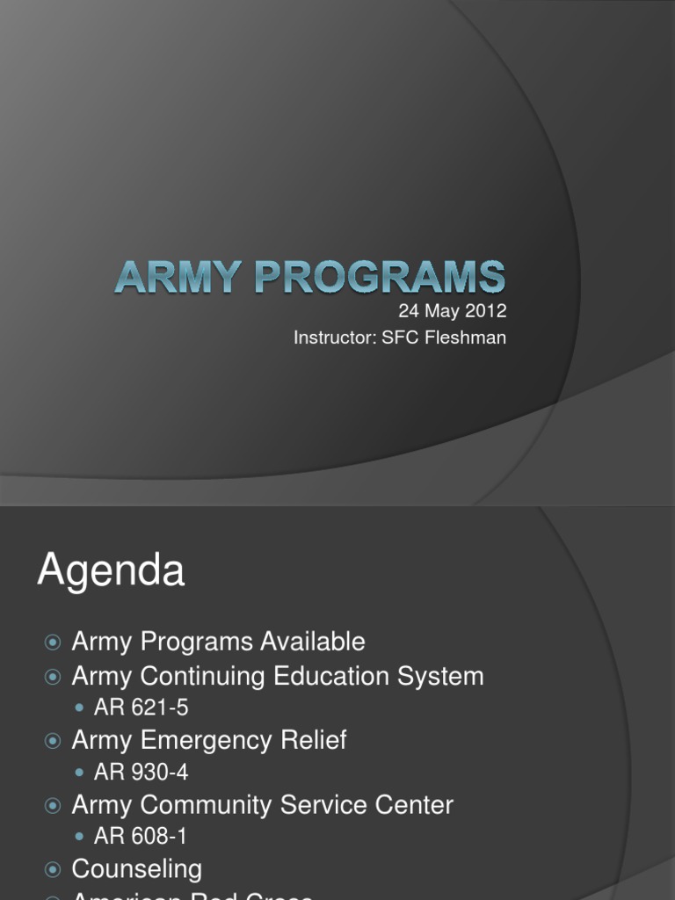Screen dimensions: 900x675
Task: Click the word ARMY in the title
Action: pos(165,278)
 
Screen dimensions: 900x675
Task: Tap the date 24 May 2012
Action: pos(453,312)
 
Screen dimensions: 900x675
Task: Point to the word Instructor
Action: pos(334,337)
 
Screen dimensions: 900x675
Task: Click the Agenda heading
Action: pos(111,572)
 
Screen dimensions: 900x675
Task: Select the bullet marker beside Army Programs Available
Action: pos(54,642)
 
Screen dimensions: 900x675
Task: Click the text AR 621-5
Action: pos(141,708)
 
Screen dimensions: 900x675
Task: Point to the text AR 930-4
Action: pos(141,773)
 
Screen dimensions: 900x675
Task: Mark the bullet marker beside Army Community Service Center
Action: pos(54,805)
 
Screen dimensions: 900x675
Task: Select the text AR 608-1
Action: pos(141,837)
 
